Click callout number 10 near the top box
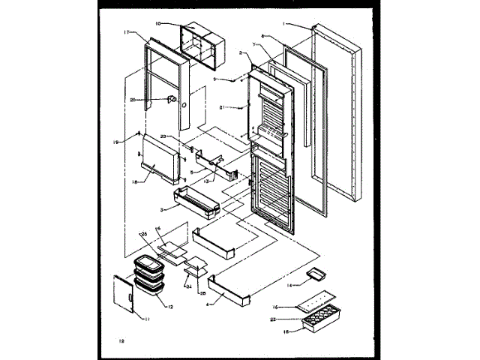158,23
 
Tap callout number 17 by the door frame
127,32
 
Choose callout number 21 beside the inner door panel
223,108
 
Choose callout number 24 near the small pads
188,285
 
